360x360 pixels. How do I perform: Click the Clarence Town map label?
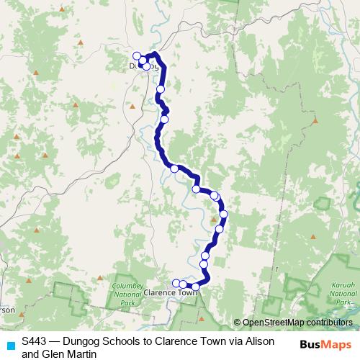click(x=171, y=293)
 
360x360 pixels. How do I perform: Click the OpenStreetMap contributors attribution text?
click(x=296, y=323)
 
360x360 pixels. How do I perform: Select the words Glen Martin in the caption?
click(x=69, y=354)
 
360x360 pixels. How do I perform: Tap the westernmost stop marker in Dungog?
click(x=137, y=55)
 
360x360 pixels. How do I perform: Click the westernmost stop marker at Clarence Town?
click(x=176, y=283)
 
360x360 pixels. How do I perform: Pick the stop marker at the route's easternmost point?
click(x=223, y=214)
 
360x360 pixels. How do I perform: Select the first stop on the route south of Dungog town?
click(x=161, y=89)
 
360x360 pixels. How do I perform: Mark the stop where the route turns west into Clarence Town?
click(x=196, y=287)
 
